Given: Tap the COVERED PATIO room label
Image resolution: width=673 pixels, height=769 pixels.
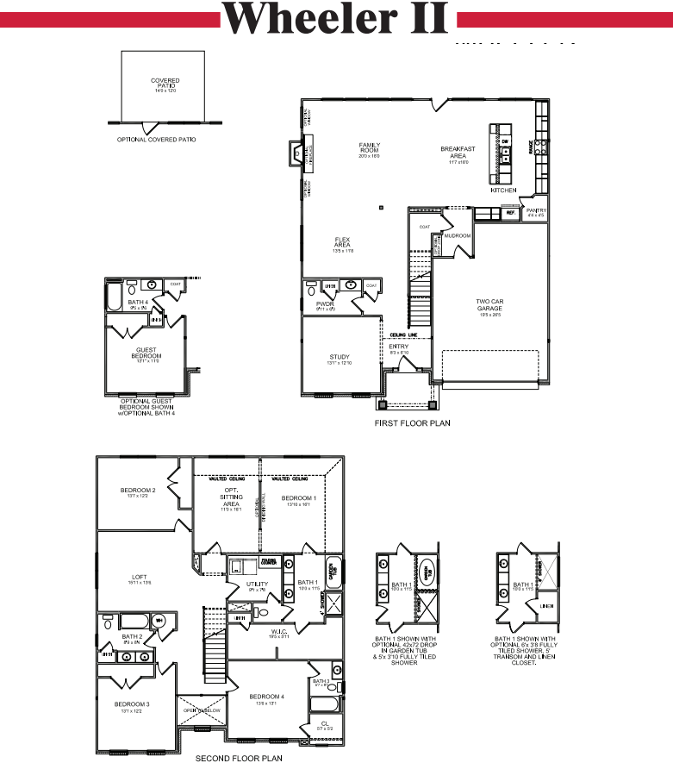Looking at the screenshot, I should coord(165,84).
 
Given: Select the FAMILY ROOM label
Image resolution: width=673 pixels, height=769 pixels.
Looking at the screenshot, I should coord(369,148).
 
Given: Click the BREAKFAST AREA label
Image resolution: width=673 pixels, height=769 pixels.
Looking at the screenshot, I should coord(458,153).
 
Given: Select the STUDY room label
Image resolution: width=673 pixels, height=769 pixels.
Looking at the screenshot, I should coord(340,358).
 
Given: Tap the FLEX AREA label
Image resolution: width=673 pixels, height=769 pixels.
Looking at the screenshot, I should coord(342,243).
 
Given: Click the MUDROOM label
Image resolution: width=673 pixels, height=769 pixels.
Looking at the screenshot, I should coord(457,235).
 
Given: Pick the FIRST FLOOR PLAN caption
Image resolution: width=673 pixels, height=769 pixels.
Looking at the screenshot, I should coord(412,423).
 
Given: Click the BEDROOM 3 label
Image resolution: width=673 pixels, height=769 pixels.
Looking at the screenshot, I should coord(133,705).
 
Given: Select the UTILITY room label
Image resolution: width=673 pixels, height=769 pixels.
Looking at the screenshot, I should coord(258,585).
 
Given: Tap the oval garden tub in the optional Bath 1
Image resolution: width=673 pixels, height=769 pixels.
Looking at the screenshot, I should coord(427,571).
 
